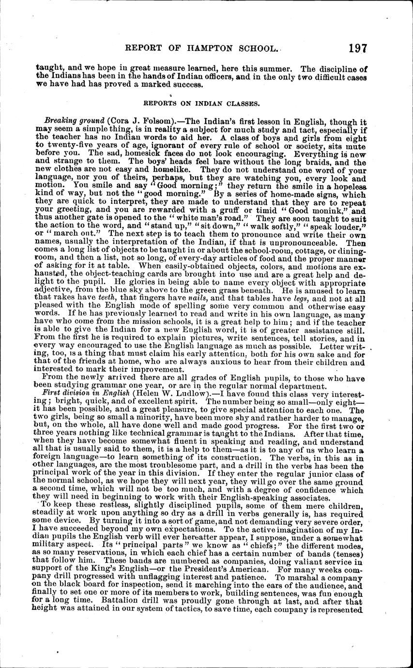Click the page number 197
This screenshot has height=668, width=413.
[357, 48]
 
